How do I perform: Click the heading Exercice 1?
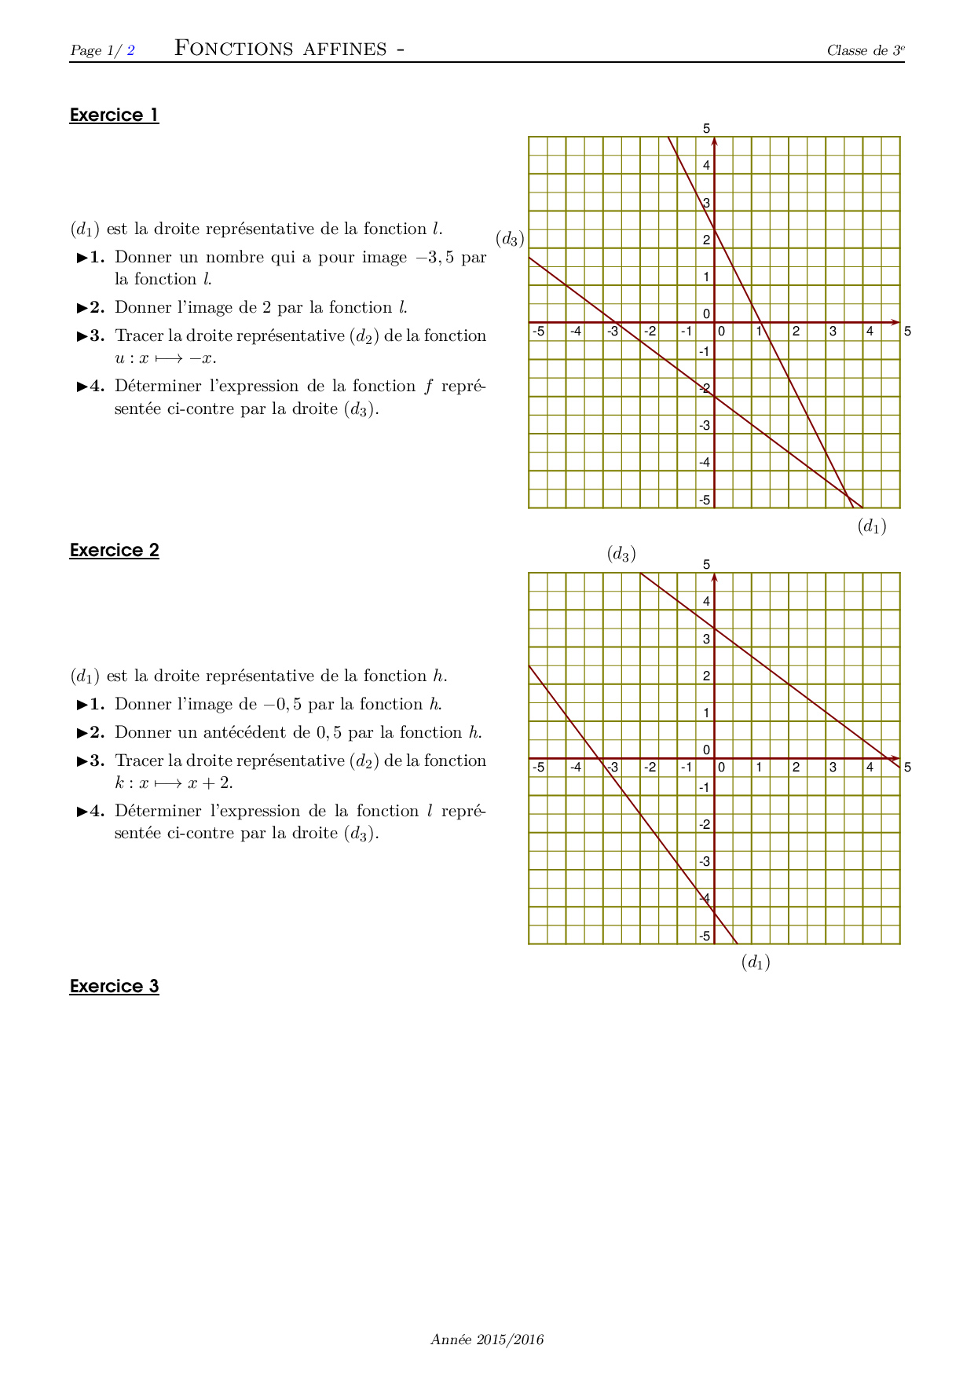115,115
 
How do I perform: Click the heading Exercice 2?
115,551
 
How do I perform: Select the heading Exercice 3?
115,987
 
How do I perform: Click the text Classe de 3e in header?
866,51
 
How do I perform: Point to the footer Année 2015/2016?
487,1340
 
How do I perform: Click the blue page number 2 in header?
131,51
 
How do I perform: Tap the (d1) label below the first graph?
872,526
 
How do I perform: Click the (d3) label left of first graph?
510,239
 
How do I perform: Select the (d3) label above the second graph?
621,554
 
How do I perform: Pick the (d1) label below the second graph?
756,962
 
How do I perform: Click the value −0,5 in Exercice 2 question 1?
283,705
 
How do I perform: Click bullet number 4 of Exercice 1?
91,387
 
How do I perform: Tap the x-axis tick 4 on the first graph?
870,332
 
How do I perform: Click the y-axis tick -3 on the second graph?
705,862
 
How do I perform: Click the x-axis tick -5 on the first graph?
538,332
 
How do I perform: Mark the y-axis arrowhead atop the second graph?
714,578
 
